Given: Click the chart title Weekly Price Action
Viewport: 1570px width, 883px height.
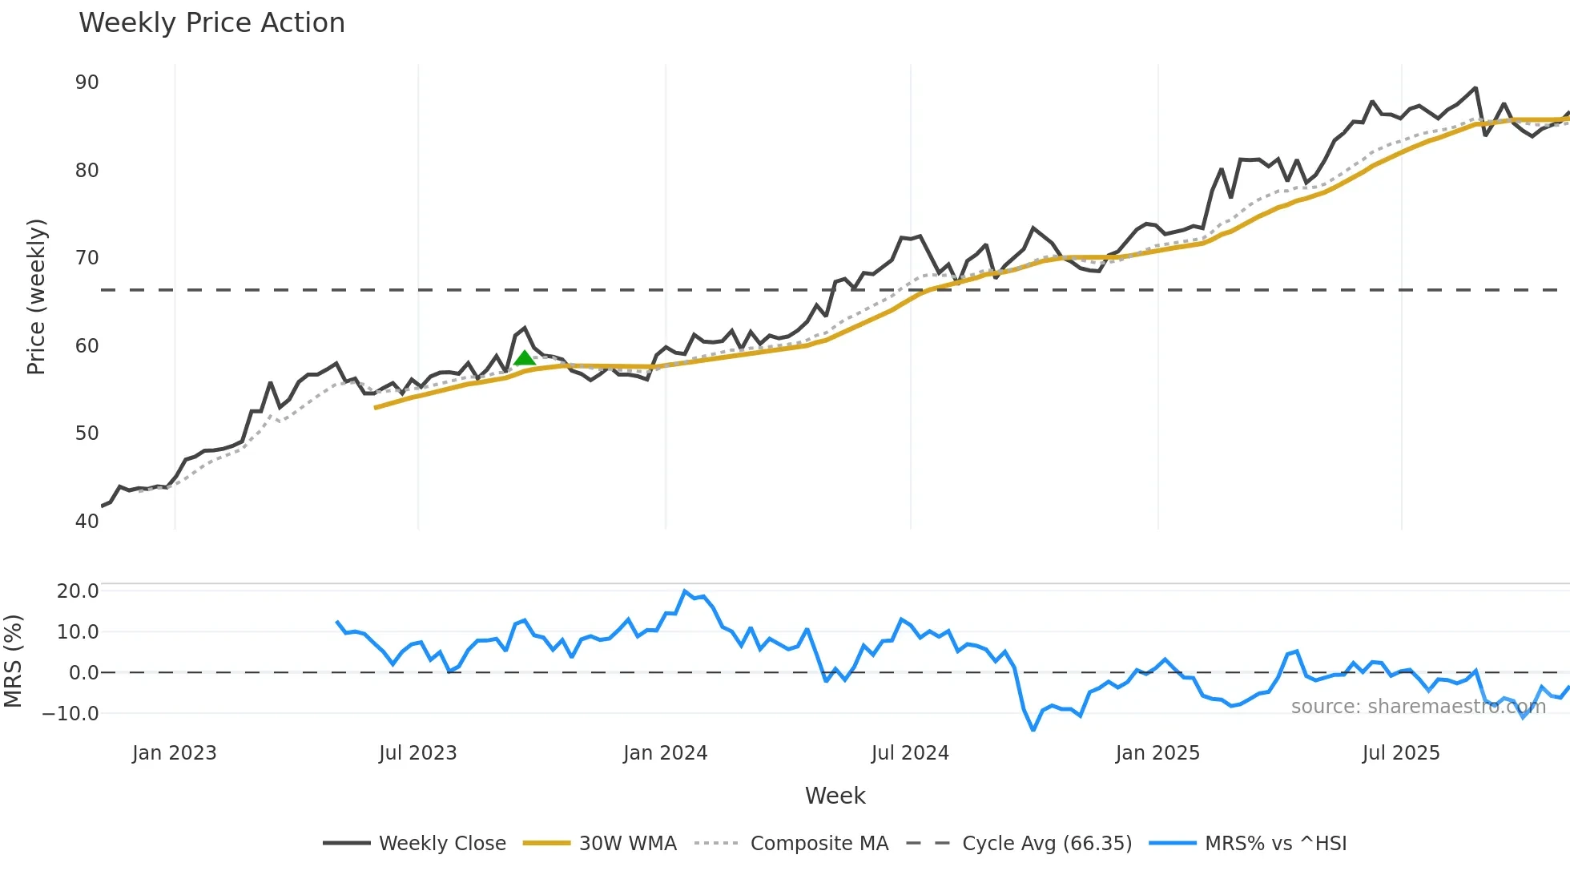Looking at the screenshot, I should (211, 23).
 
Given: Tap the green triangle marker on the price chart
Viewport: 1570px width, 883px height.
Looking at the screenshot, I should (525, 358).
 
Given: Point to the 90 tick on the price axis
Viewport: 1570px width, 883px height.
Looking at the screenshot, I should (87, 83).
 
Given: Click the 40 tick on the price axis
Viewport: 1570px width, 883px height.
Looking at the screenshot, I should (87, 521).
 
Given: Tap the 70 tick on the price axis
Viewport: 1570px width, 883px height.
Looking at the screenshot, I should (87, 258).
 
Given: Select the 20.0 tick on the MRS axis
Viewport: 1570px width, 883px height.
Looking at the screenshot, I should (78, 591).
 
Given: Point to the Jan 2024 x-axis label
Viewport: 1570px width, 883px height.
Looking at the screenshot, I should (665, 753).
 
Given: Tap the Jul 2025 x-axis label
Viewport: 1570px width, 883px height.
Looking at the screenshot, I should (1401, 753).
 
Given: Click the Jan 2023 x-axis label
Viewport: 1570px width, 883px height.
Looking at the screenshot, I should (175, 753).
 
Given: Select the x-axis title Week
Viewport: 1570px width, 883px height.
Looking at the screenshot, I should (835, 796).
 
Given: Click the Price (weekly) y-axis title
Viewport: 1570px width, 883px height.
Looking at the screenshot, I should (36, 296).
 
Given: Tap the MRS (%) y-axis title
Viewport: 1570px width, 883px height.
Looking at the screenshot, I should (13, 661).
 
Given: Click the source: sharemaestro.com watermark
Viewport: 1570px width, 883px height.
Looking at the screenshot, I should (1418, 707).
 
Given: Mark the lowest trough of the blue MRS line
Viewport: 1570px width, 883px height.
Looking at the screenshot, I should (1033, 729).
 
